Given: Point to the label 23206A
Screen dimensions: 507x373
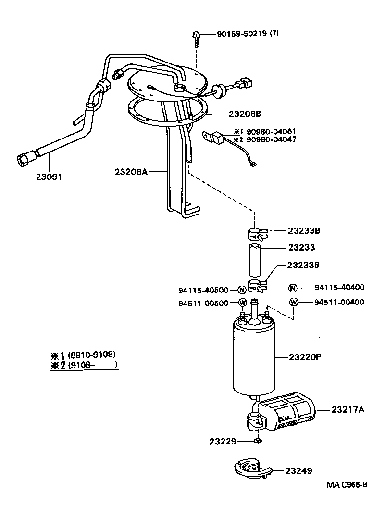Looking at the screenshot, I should pyautogui.click(x=131, y=171).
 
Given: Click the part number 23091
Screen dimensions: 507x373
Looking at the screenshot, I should pyautogui.click(x=49, y=177).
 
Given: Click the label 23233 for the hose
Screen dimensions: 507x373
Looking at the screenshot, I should pyautogui.click(x=301, y=247).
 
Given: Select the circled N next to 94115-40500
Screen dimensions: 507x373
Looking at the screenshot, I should pyautogui.click(x=242, y=290).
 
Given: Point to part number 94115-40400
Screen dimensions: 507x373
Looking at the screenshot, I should pyautogui.click(x=339, y=288).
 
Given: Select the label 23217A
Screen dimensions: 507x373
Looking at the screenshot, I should pyautogui.click(x=348, y=409).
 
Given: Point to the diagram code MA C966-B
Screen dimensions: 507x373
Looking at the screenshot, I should pyautogui.click(x=348, y=484).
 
